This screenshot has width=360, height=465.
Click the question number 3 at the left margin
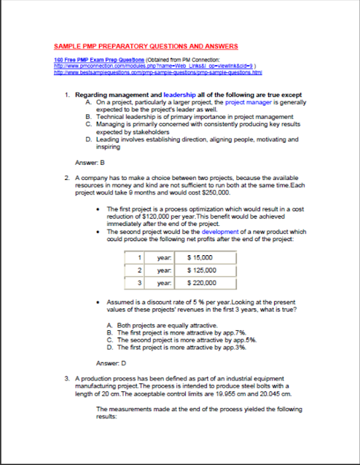click(x=67, y=378)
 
